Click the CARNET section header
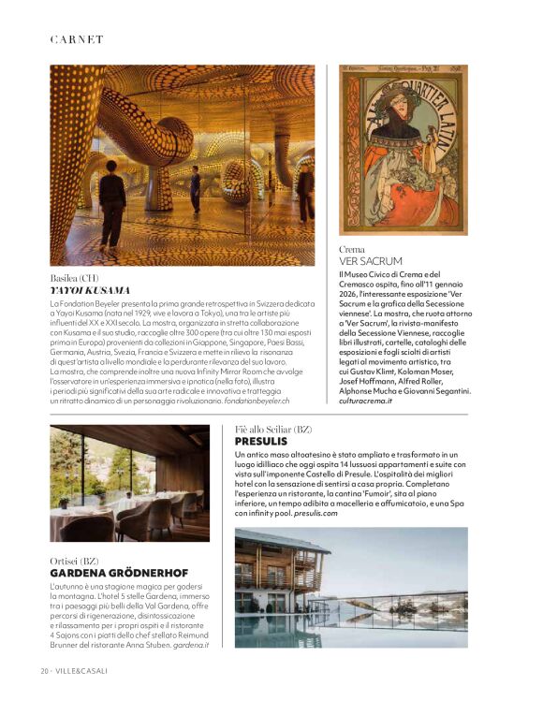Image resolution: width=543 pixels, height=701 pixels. (77, 39)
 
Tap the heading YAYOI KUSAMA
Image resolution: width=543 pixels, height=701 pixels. (90, 291)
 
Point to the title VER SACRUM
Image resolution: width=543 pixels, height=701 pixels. (371, 261)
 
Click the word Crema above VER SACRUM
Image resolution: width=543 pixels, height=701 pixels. (354, 250)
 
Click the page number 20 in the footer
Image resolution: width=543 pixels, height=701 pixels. (44, 671)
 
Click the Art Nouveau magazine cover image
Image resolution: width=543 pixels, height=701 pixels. (404, 150)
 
